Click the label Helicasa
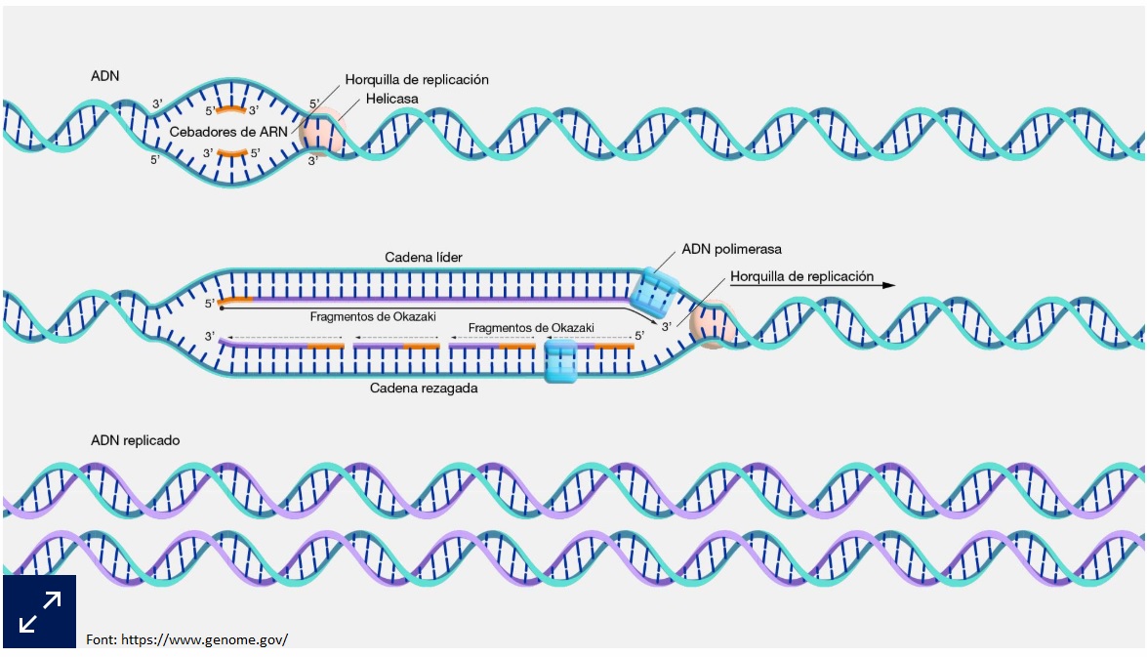click(x=392, y=99)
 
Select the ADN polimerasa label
click(x=731, y=249)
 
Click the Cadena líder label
click(x=423, y=257)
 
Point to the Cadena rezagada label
click(x=423, y=388)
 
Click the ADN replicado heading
click(x=136, y=440)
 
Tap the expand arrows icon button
click(x=39, y=612)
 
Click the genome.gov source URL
click(x=186, y=639)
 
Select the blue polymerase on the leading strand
click(x=652, y=290)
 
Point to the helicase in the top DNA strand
click(x=323, y=133)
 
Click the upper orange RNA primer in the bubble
click(x=231, y=108)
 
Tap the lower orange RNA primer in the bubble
click(x=231, y=152)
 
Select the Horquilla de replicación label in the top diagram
click(x=417, y=79)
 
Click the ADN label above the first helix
click(x=105, y=75)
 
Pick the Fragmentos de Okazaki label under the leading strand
click(x=373, y=316)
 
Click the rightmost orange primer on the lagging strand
click(x=612, y=346)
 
